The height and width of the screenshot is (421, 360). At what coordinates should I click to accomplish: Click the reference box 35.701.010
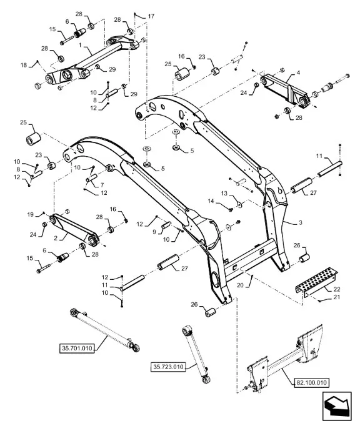coord(77,349)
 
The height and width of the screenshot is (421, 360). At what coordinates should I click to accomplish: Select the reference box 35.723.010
coord(168,367)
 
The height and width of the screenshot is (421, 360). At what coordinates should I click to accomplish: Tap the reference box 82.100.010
coord(312,382)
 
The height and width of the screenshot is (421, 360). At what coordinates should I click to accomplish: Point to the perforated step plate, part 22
coord(317,282)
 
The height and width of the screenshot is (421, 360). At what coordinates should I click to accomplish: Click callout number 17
coord(151,16)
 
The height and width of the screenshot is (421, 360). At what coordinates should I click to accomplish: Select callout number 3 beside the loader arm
coord(301,222)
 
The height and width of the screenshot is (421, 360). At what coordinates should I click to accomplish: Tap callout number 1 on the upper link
coord(80,45)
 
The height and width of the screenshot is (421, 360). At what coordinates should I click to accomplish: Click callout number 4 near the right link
coord(298,72)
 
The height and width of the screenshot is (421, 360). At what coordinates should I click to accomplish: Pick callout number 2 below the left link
coord(56,238)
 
